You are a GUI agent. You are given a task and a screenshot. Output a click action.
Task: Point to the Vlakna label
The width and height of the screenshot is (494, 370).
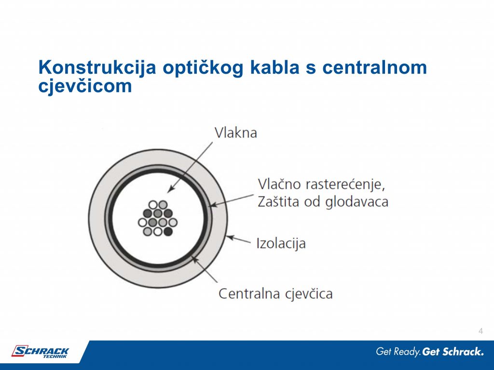click(x=235, y=132)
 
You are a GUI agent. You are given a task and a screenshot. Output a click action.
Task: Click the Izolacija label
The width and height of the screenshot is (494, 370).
click(x=281, y=243)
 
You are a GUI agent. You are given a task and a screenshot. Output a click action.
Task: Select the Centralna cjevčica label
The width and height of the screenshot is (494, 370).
click(x=275, y=293)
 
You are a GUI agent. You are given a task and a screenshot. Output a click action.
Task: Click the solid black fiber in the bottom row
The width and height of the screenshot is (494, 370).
click(x=168, y=232)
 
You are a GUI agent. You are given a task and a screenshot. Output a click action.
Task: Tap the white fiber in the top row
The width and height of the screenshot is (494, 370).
click(x=153, y=205)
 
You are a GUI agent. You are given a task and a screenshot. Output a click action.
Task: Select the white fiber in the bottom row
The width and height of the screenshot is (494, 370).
click(x=157, y=232)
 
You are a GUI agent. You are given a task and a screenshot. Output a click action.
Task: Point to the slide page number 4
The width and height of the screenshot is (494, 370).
click(x=480, y=330)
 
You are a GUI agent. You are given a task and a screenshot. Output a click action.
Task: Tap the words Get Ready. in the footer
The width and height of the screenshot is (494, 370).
click(x=398, y=352)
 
